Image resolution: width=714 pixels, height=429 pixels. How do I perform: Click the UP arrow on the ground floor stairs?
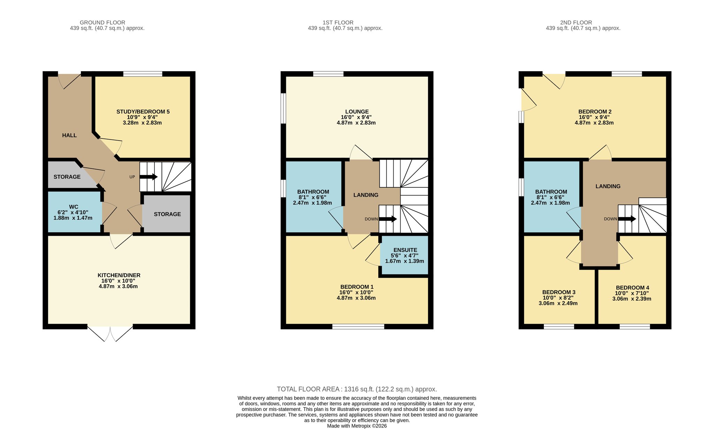click(x=149, y=177)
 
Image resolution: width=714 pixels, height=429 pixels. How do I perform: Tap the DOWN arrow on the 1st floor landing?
click(x=388, y=219)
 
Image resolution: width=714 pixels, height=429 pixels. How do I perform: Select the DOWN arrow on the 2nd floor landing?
click(x=627, y=219)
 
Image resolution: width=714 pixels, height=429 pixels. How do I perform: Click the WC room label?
click(x=74, y=207)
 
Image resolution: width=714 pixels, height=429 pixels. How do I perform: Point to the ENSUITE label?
click(x=405, y=250)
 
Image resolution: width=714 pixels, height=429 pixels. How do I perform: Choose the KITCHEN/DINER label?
click(x=119, y=275)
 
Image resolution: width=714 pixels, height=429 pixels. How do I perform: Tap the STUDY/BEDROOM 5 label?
click(x=143, y=112)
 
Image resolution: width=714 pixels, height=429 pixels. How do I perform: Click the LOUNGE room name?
click(x=357, y=112)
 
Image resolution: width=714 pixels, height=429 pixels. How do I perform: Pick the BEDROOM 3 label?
click(x=559, y=292)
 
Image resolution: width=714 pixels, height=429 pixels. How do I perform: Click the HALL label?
click(x=69, y=135)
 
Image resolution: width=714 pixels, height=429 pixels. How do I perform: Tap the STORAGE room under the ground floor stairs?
click(x=167, y=213)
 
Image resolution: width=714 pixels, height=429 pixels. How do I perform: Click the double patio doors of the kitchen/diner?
click(x=110, y=333)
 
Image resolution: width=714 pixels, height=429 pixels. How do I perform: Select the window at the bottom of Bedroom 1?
click(x=358, y=327)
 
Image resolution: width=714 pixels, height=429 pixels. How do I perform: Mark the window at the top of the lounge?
click(x=328, y=74)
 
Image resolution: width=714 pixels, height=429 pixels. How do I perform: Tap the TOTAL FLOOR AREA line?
click(x=357, y=389)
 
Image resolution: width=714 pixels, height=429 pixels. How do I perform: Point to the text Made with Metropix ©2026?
click(x=357, y=426)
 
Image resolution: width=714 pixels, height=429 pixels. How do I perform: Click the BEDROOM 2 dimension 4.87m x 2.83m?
click(x=594, y=123)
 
